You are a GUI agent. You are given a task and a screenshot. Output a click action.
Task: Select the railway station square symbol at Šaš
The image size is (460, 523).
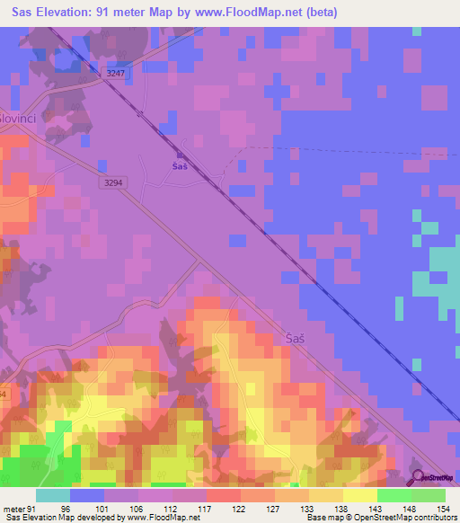click(x=181, y=155)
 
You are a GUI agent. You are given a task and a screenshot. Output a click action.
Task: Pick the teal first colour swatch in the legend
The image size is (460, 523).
click(x=53, y=494)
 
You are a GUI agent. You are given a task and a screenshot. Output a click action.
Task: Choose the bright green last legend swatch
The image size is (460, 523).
click(x=429, y=494)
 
